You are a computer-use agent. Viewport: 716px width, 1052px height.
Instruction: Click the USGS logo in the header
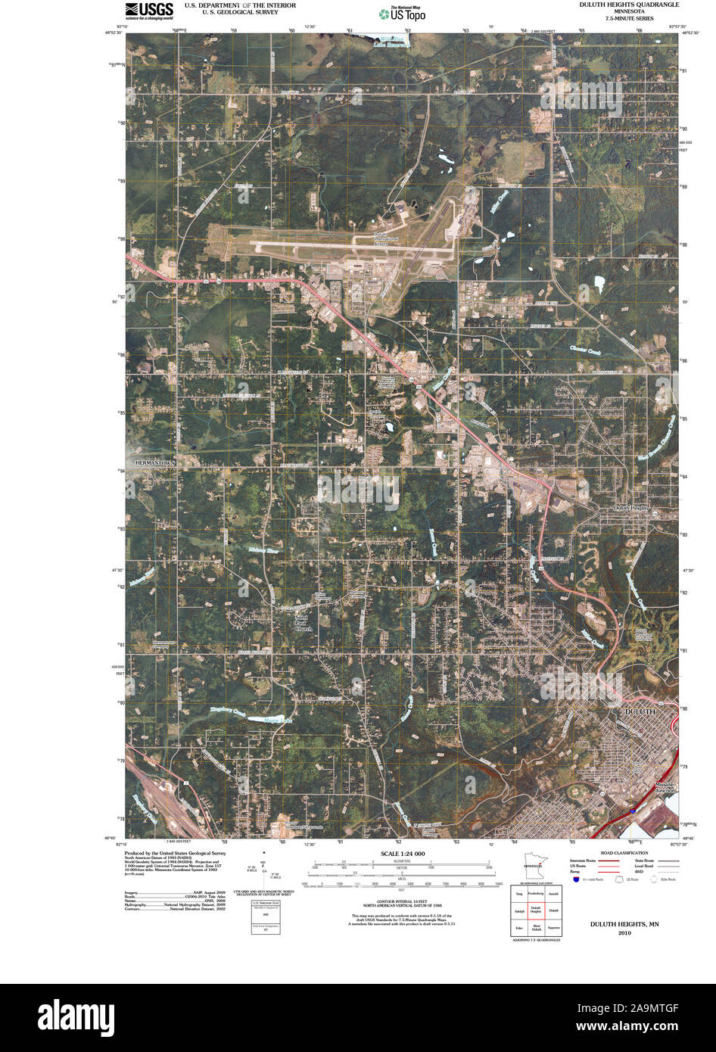pyautogui.click(x=149, y=10)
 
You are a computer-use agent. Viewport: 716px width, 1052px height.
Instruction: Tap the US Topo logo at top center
pyautogui.click(x=402, y=13)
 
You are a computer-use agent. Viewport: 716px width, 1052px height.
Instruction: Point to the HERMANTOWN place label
pyautogui.click(x=155, y=462)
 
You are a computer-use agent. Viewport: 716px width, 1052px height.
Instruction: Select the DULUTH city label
pyautogui.click(x=640, y=712)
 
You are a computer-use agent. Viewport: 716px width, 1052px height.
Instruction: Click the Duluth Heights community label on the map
pyautogui.click(x=632, y=508)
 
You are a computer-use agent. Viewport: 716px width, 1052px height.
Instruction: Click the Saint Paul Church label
pyautogui.click(x=304, y=623)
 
